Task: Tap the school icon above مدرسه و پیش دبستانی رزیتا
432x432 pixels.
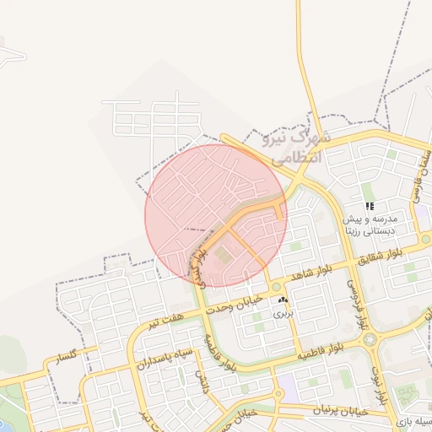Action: tap(369, 206)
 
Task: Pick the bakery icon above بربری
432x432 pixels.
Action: tap(282, 300)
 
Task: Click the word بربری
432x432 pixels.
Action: tap(282, 312)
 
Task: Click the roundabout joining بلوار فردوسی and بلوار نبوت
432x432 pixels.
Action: tap(369, 338)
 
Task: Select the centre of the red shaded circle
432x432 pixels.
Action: tap(216, 216)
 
